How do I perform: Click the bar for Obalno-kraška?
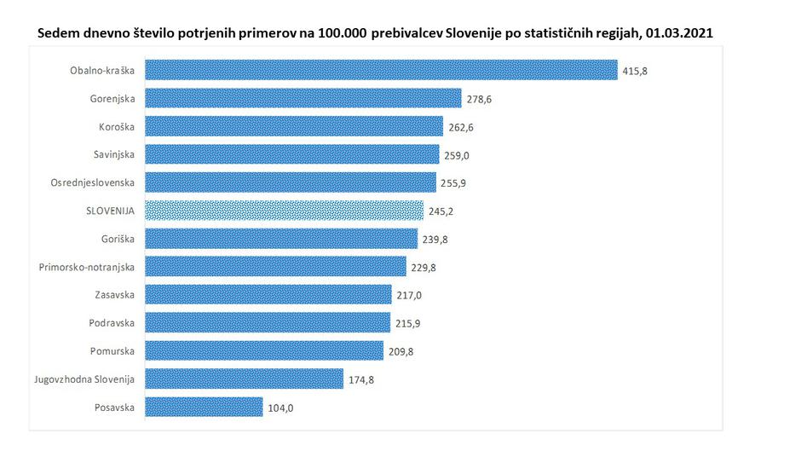point(381,70)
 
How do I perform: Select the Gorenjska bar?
point(303,98)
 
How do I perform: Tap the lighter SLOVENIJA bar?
point(285,211)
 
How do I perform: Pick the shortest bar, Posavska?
point(204,408)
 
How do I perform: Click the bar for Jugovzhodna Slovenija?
point(245,379)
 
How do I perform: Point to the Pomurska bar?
point(264,351)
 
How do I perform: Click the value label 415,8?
point(635,71)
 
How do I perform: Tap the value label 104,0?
point(279,408)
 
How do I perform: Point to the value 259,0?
point(456,155)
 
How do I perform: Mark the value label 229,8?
point(424,268)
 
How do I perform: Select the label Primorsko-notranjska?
point(87,268)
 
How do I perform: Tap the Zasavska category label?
point(113,296)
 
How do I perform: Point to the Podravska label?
point(112,324)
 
